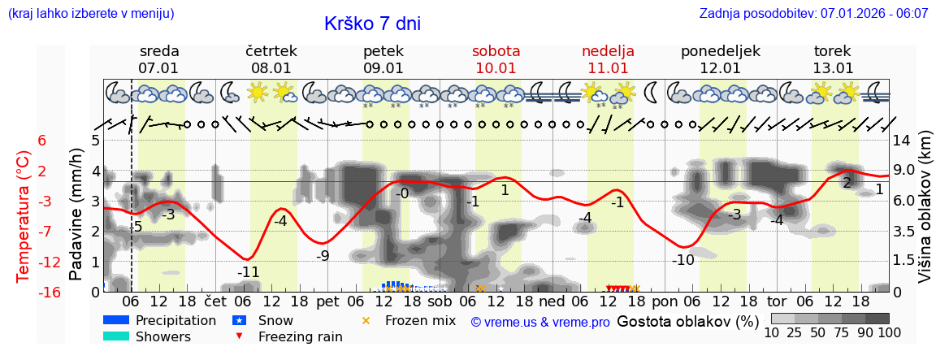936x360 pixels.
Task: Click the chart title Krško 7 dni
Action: (372, 24)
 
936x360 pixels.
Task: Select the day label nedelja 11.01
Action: (608, 59)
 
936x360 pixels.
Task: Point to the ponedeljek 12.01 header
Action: (720, 59)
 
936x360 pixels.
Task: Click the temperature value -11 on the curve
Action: (248, 272)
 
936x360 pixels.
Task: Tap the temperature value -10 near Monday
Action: (683, 260)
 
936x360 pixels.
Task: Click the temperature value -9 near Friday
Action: (323, 256)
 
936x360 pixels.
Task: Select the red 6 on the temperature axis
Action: (42, 141)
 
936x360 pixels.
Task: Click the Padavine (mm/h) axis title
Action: (76, 215)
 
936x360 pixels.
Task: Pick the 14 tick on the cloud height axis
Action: (902, 141)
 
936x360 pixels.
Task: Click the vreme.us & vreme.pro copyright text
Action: (540, 322)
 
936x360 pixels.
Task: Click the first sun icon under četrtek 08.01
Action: (258, 92)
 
